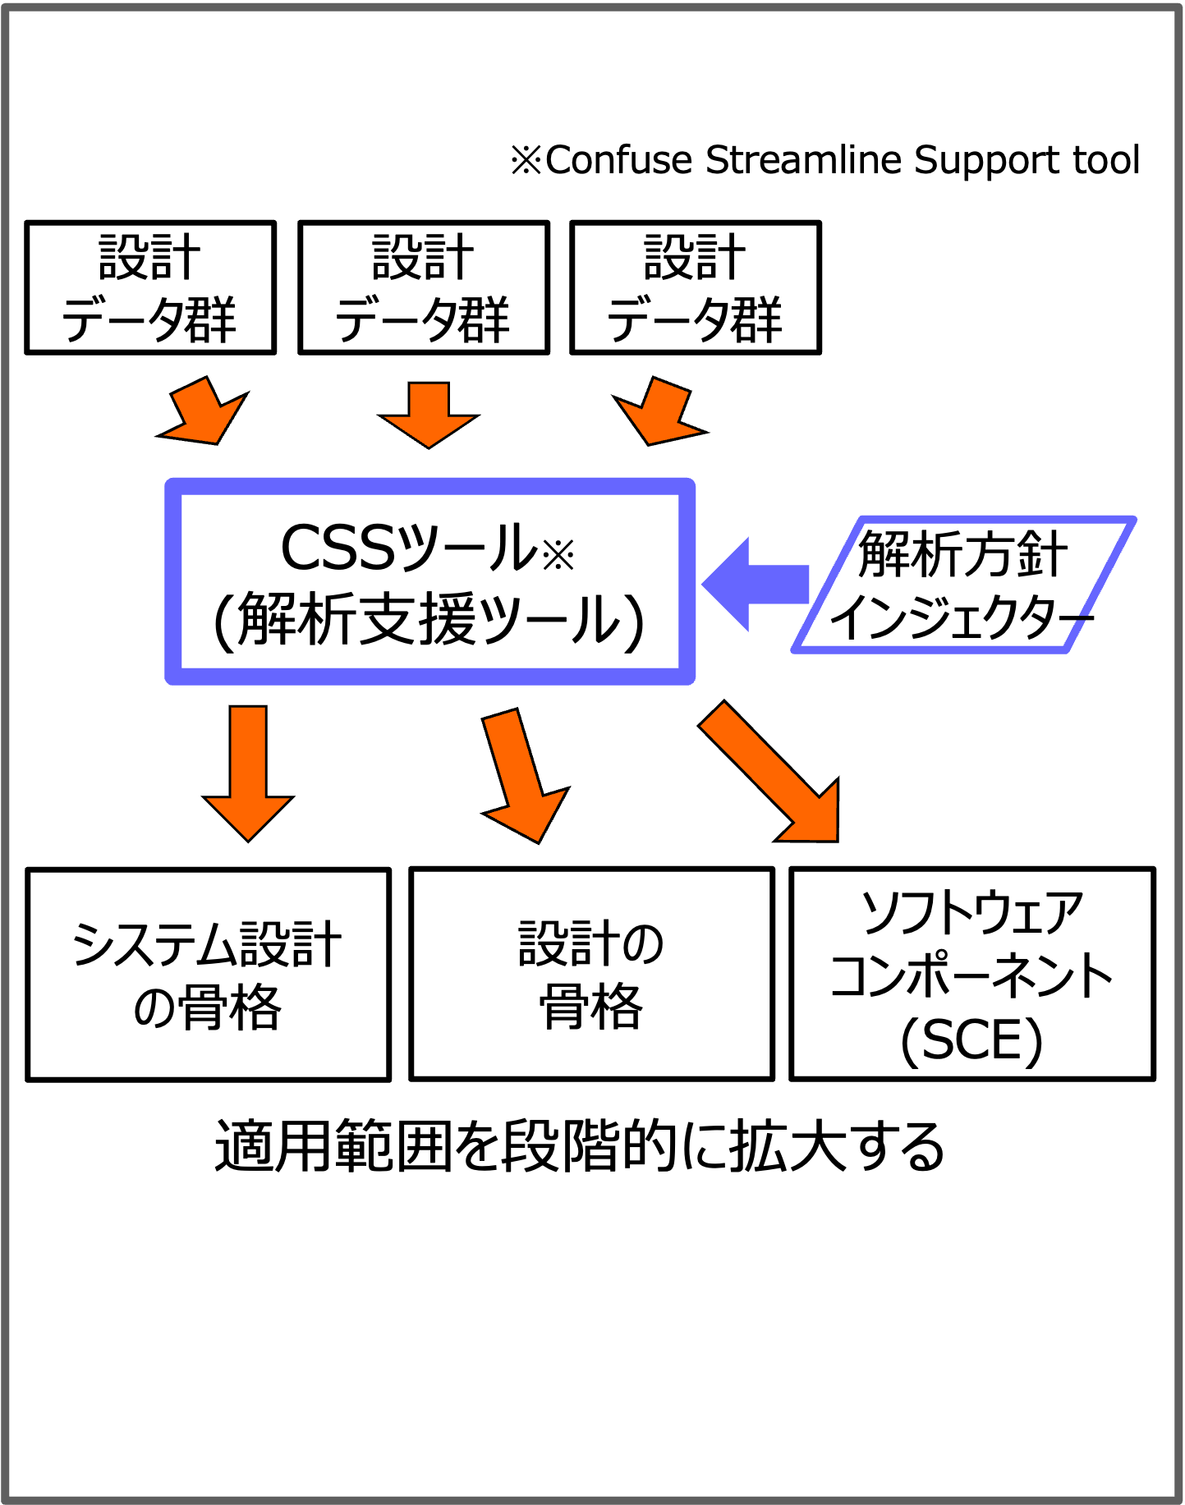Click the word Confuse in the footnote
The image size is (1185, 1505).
[x=618, y=160]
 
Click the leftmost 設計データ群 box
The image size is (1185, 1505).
[x=150, y=287]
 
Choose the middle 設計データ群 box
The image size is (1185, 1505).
[x=424, y=287]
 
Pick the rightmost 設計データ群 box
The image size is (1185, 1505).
[x=696, y=287]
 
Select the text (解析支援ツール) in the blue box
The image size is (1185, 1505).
[x=429, y=620]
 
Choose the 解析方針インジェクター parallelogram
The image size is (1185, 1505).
[x=962, y=585]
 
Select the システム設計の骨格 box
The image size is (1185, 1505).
[x=209, y=975]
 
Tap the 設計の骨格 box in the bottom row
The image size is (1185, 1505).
[x=591, y=974]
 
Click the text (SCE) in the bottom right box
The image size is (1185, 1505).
[x=971, y=1041]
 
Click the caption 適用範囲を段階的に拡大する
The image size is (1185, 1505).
[x=580, y=1146]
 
